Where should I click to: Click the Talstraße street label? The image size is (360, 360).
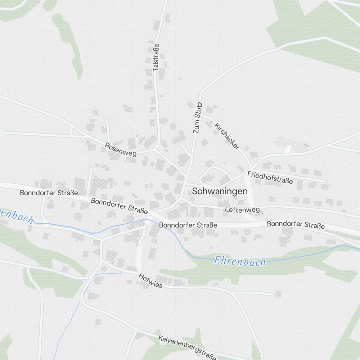tap(156, 57)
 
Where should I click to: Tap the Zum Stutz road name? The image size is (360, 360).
tap(198, 118)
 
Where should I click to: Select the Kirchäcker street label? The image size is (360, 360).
tap(227, 136)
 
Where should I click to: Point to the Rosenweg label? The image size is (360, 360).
tap(121, 149)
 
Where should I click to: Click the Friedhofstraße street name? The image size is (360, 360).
tap(270, 177)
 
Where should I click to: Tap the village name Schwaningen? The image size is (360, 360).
tap(220, 191)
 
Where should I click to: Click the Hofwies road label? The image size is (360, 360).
tap(150, 281)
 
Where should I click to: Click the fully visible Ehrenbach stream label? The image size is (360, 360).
tap(239, 261)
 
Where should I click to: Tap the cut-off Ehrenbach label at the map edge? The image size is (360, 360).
tap(16, 215)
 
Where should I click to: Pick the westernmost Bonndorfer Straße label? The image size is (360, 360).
tap(49, 193)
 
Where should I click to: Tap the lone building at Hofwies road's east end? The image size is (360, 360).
tap(278, 294)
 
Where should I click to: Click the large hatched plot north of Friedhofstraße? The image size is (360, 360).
tap(292, 144)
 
